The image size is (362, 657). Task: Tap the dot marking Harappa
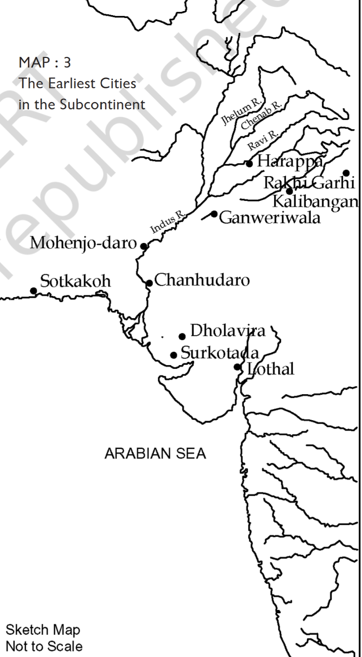tap(249, 164)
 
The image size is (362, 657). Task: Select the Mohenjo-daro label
tap(83, 243)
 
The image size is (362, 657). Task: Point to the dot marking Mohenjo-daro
tap(143, 246)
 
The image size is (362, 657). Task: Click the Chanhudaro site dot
tap(149, 283)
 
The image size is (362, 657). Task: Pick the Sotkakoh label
tap(75, 281)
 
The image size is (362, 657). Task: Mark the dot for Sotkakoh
tap(34, 291)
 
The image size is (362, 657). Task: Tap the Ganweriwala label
tap(269, 217)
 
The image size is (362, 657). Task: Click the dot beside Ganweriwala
tap(214, 214)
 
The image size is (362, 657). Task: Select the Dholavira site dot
tap(182, 337)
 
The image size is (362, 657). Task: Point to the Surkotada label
tap(220, 353)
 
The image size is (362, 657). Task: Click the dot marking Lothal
tap(237, 367)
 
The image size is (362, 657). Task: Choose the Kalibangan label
tap(315, 201)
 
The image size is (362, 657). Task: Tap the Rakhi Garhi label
tap(309, 182)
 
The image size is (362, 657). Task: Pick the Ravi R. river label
tap(263, 140)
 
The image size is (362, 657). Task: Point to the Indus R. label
tap(168, 222)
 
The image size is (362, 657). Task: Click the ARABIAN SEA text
tap(155, 453)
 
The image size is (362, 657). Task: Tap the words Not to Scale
tap(44, 646)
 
